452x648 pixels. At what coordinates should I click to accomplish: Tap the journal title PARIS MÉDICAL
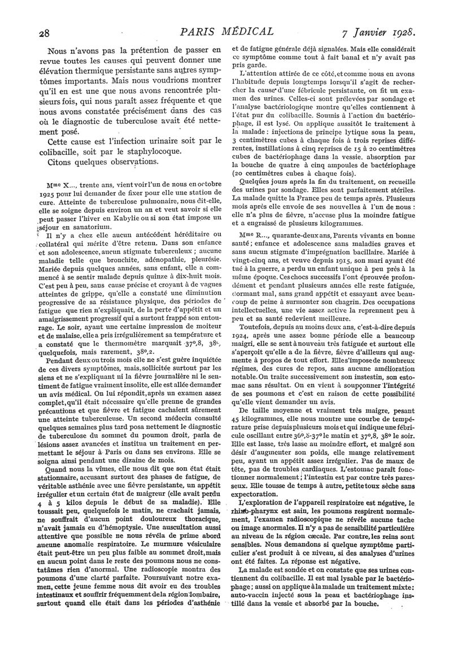coord(228,31)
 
